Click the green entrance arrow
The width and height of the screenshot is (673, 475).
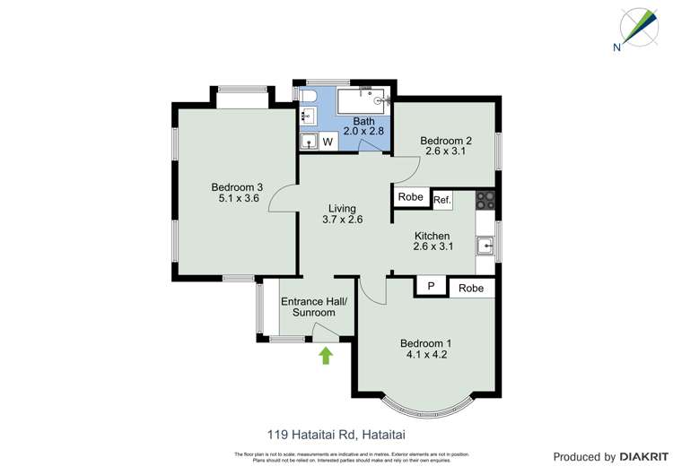326,356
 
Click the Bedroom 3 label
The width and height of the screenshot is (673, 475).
235,186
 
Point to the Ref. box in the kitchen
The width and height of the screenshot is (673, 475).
441,200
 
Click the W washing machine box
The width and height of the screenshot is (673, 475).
328,142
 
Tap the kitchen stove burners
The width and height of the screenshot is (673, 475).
486,200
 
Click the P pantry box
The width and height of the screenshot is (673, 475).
431,288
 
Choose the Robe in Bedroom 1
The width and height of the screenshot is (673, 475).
471,288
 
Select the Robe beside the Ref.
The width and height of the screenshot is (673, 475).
411,197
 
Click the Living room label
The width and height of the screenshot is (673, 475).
342,207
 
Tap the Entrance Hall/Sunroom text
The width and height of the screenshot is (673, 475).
308,307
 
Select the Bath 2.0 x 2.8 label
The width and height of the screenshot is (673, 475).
363,126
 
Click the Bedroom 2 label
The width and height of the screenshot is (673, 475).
446,140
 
